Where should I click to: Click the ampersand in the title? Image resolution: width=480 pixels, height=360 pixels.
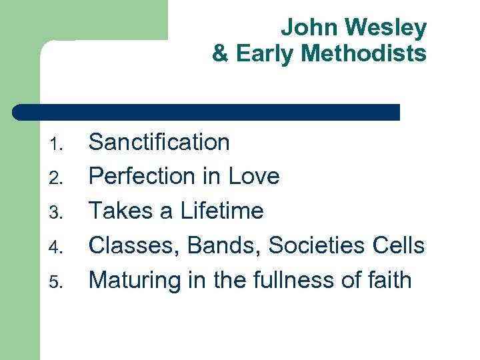point(220,53)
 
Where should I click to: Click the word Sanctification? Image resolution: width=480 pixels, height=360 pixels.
point(159,142)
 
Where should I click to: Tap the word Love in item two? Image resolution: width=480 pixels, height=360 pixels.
point(253,177)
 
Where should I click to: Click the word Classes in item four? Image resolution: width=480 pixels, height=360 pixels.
point(134,246)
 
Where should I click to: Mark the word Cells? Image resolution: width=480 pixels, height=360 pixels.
point(399,246)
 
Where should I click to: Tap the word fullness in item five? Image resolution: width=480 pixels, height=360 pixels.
point(282,281)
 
